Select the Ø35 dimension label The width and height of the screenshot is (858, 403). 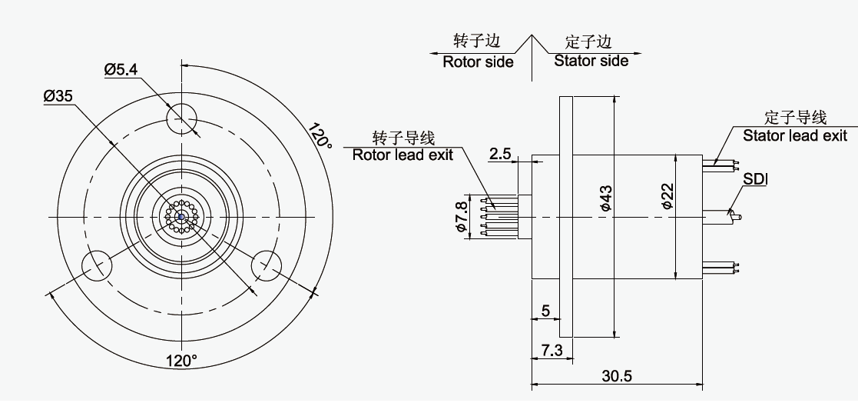(58, 96)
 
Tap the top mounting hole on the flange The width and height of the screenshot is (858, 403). (182, 118)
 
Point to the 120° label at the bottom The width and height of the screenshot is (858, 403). (181, 360)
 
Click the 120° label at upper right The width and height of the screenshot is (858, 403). (318, 135)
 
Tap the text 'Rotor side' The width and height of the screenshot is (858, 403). (478, 62)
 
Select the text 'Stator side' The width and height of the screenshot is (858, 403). (591, 60)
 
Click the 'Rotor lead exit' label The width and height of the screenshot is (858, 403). (402, 154)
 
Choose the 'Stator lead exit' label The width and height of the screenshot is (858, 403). (795, 135)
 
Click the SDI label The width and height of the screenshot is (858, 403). (756, 179)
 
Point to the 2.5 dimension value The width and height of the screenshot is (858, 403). (500, 154)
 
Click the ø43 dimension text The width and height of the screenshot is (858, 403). (605, 198)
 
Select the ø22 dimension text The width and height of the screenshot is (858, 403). (668, 196)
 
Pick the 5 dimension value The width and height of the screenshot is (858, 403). (545, 311)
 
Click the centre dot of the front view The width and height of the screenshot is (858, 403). (182, 216)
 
